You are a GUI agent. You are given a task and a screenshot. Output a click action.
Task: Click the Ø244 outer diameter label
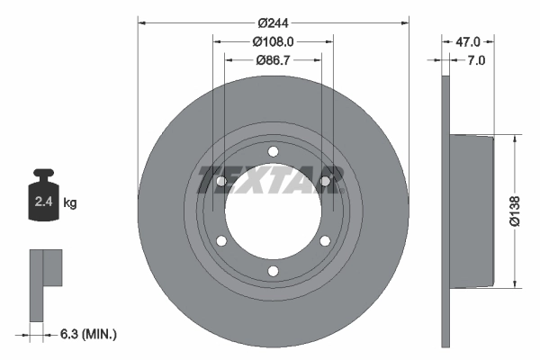coord(273,23)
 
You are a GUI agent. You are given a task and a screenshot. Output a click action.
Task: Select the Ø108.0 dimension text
coord(273,41)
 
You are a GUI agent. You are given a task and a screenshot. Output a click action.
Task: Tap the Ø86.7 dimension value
coord(273,60)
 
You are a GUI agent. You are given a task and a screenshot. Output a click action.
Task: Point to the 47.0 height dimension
coord(468,42)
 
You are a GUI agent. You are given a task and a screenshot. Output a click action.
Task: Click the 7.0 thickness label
coord(475,60)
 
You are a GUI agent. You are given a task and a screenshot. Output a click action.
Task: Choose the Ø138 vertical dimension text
coord(515,211)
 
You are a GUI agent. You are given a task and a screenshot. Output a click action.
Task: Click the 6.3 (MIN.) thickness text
coord(88,334)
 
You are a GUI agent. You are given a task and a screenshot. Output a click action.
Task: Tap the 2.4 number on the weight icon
coord(44,202)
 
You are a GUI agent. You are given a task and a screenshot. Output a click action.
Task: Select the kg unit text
coord(70,202)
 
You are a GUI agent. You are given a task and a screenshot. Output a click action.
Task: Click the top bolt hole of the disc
coord(273,151)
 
